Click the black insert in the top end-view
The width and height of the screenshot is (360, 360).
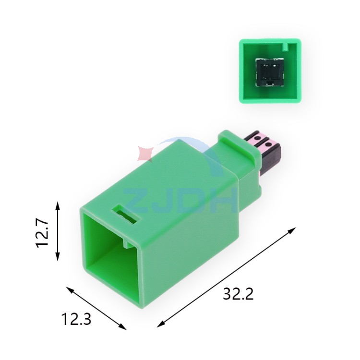click(x=270, y=72)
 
